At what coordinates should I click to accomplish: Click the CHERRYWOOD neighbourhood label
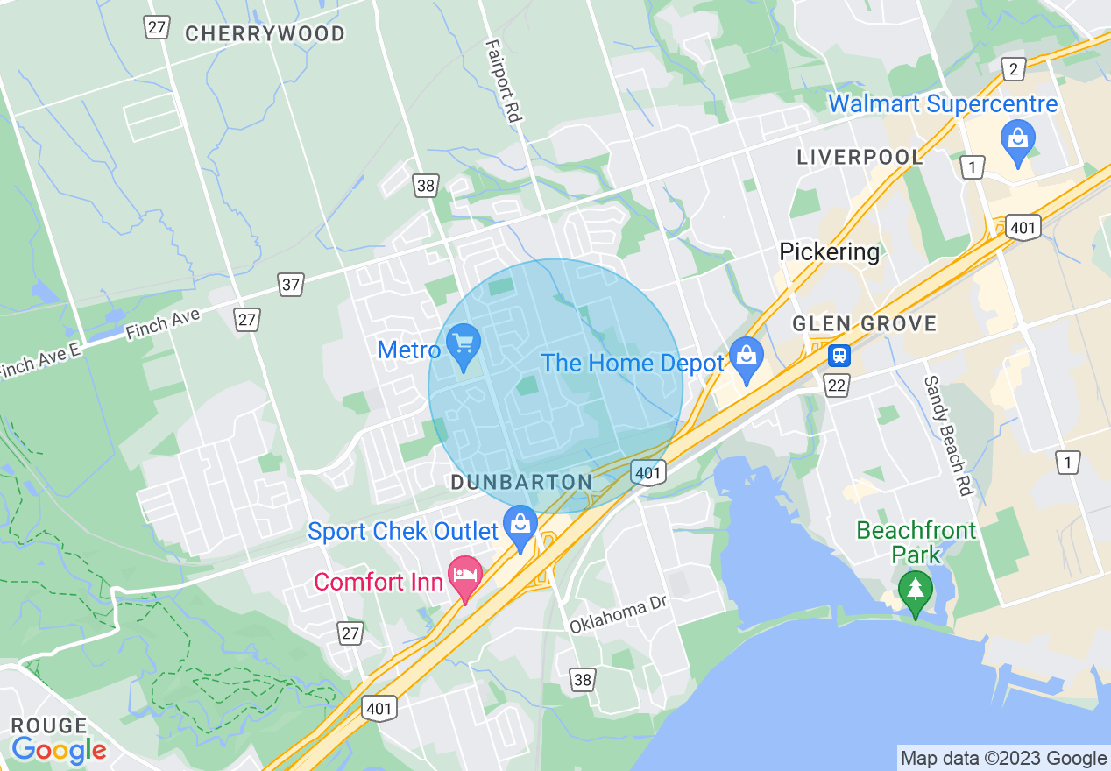pyautogui.click(x=265, y=34)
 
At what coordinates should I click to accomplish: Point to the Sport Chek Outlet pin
pyautogui.click(x=521, y=527)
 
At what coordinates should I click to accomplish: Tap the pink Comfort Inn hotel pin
pyautogui.click(x=465, y=578)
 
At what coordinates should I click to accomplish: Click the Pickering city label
pyautogui.click(x=829, y=252)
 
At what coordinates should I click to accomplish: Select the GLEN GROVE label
pyautogui.click(x=864, y=323)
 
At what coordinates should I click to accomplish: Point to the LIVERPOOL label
pyautogui.click(x=860, y=158)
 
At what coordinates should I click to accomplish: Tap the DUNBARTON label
pyautogui.click(x=521, y=483)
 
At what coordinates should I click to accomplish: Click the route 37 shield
pyautogui.click(x=291, y=284)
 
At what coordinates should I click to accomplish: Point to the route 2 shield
pyautogui.click(x=1013, y=70)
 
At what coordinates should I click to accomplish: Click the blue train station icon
pyautogui.click(x=839, y=355)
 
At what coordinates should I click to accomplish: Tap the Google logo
pyautogui.click(x=59, y=750)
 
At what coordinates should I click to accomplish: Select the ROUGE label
pyautogui.click(x=49, y=726)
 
